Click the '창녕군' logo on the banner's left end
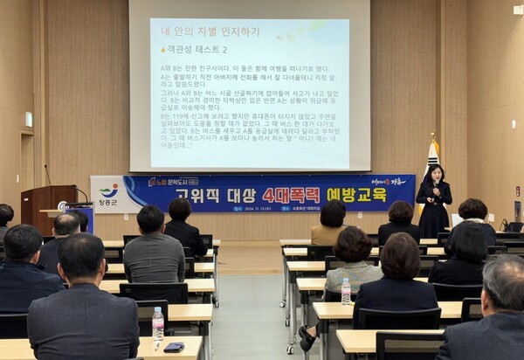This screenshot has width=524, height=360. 108,194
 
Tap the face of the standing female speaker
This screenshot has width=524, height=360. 434,172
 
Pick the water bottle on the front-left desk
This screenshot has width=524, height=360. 158,325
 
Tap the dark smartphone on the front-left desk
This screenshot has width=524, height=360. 174,347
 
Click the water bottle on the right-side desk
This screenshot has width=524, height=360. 346,291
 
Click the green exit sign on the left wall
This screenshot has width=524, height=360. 29,119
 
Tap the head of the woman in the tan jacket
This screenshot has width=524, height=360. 333,213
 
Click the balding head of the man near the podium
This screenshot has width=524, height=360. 66,225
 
